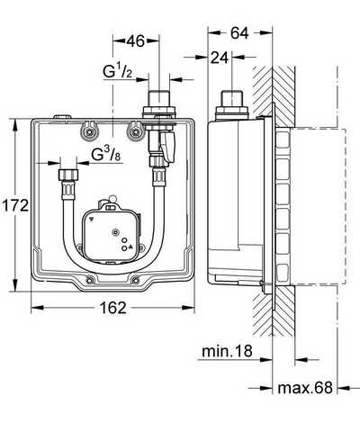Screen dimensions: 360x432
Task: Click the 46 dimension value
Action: coord(135,41)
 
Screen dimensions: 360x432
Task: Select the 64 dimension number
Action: coord(239,33)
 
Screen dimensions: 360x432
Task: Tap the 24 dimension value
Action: coord(220,58)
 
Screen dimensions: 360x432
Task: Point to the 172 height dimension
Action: coord(15,206)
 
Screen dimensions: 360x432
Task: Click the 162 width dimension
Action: coord(113,308)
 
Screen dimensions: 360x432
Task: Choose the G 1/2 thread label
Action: coord(117,71)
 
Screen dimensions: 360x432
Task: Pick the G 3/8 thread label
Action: coord(107,155)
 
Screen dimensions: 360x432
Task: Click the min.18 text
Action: coord(227,351)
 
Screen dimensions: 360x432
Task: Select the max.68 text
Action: coord(305,388)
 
